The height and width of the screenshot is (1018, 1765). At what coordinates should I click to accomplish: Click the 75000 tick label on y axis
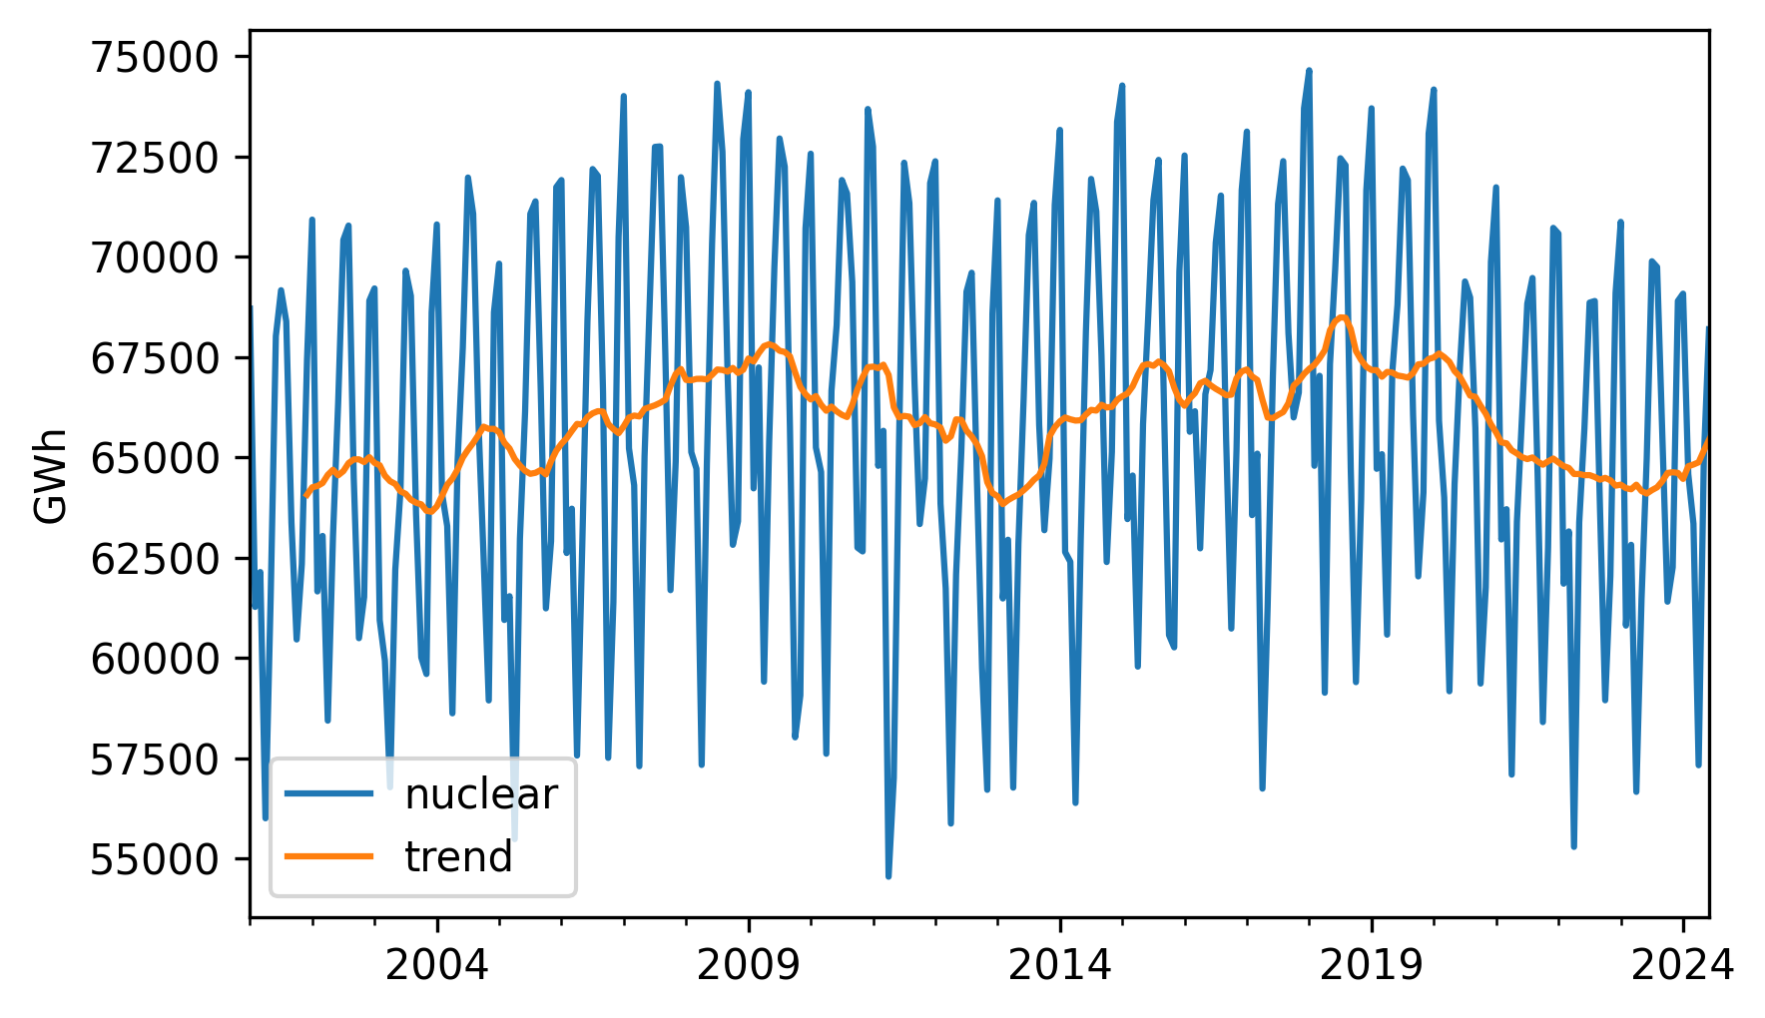[154, 58]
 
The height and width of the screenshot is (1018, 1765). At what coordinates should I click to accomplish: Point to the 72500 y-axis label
[154, 158]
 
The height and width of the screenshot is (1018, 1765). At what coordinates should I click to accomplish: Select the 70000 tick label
[154, 257]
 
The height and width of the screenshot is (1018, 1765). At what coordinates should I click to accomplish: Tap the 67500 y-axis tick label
[154, 358]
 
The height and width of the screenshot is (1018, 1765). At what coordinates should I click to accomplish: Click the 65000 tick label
[154, 458]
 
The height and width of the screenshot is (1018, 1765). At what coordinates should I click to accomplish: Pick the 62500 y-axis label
[154, 559]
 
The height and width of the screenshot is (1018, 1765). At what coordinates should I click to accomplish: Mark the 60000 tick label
[154, 659]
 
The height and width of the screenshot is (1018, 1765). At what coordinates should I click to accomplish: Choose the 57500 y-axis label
[154, 760]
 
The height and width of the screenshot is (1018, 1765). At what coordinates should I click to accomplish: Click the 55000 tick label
[154, 859]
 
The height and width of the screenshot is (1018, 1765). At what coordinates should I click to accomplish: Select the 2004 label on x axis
[436, 965]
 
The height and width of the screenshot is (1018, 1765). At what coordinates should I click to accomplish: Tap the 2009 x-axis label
[748, 965]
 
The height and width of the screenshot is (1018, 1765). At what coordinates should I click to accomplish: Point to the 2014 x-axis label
[1059, 965]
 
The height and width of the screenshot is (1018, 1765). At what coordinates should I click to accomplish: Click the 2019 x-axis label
[1371, 965]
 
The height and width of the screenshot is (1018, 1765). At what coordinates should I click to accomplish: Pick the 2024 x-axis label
[1682, 965]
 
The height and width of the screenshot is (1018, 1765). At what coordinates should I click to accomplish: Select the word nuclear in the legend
[480, 794]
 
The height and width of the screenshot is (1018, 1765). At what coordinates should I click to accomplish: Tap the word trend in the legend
[458, 857]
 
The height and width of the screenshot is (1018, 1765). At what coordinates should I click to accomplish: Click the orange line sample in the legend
[329, 856]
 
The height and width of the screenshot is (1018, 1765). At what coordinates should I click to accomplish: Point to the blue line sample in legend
[329, 794]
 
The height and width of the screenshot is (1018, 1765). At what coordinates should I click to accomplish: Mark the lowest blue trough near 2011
[888, 876]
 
